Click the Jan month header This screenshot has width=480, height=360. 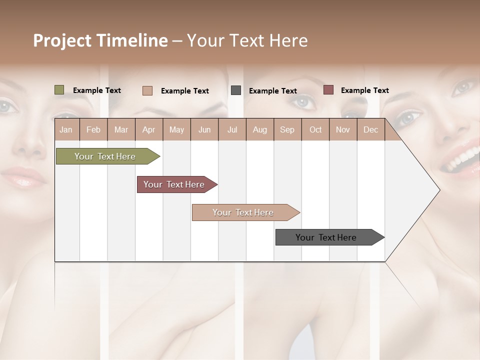66,129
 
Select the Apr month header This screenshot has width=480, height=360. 148,129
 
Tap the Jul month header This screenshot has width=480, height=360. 232,129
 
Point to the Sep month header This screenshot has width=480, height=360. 287,129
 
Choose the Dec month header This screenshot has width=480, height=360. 370,129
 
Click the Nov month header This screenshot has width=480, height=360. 342,129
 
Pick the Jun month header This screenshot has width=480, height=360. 204,129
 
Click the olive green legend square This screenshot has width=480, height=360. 59,90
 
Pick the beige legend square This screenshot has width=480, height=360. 147,90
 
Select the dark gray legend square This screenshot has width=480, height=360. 236,90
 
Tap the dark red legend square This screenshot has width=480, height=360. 328,90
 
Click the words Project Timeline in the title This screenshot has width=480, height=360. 100,40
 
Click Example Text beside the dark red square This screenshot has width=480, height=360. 364,90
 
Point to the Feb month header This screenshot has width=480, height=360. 93,129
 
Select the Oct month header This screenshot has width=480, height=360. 315,129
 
